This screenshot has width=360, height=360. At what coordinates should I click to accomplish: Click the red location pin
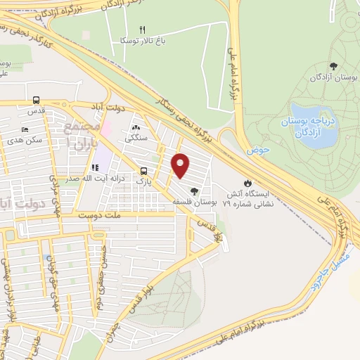[x=181, y=165]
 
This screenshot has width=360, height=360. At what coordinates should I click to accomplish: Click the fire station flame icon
[x=247, y=181]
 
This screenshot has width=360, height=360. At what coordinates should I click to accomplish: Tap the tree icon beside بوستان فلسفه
[x=194, y=190]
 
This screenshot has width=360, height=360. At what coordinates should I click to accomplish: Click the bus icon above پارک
[x=143, y=171]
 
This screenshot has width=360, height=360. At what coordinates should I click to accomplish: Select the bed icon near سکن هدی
[x=26, y=129]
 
